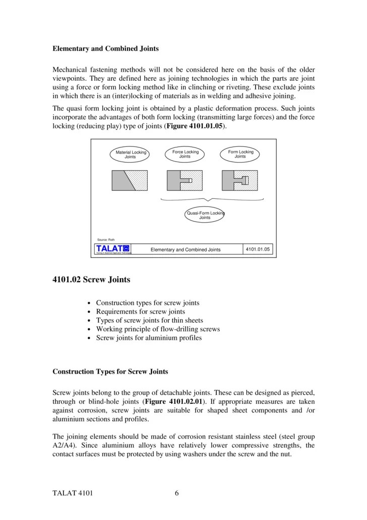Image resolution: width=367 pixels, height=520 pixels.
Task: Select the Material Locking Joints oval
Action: (x=130, y=154)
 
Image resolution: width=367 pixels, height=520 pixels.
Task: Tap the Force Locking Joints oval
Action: (x=185, y=154)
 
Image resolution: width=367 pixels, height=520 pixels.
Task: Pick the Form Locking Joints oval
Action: (x=240, y=154)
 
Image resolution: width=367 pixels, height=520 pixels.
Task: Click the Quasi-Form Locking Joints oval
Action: (x=205, y=215)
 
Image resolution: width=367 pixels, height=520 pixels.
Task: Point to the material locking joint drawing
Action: (x=130, y=180)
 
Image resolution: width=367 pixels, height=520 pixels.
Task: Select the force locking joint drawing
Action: (x=185, y=180)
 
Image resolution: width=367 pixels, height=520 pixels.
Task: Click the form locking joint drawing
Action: (x=240, y=180)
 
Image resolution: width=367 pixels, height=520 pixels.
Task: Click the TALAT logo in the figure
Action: (x=113, y=249)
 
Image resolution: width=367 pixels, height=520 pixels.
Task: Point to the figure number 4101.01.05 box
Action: (x=258, y=249)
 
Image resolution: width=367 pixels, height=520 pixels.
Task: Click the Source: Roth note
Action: (x=106, y=239)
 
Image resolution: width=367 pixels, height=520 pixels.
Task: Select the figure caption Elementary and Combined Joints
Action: (x=186, y=249)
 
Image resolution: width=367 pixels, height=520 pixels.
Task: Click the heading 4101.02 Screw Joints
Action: (x=91, y=279)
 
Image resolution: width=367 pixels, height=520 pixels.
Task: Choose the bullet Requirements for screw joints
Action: (x=140, y=311)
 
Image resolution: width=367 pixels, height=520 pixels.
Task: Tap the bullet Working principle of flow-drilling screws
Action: (x=158, y=329)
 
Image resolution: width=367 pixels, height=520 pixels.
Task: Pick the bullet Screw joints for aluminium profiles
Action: (x=149, y=338)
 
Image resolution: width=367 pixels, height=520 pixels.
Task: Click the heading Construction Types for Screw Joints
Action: (x=110, y=372)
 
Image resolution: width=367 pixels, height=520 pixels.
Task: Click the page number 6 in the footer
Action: (x=177, y=494)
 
